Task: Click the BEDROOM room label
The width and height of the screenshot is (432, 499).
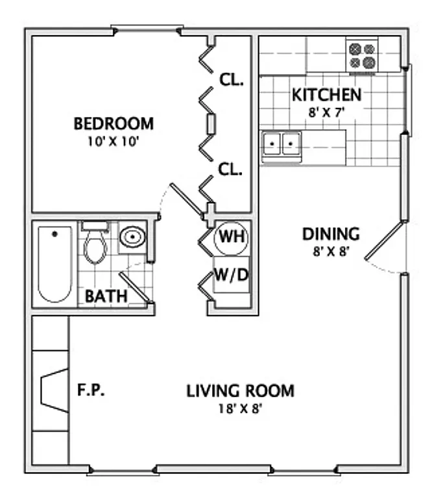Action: pos(114,123)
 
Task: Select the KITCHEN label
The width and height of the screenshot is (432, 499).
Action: pos(326,95)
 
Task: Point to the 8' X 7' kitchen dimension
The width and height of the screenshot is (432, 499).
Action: pos(326,111)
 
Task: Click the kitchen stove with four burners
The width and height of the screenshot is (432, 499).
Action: pos(363,56)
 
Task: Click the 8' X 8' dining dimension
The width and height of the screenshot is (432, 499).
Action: pos(331,251)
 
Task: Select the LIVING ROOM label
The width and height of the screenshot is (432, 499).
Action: pos(240,391)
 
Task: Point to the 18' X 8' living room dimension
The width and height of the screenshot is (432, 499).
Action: pos(240,409)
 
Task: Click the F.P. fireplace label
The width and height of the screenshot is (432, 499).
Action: pos(91,390)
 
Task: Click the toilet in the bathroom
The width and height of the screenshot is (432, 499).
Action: pos(95,244)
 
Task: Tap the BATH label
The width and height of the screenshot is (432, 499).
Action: pos(106,297)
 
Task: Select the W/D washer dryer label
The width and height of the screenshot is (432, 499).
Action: pos(231,275)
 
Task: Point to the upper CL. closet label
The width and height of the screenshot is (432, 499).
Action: pos(231,81)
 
